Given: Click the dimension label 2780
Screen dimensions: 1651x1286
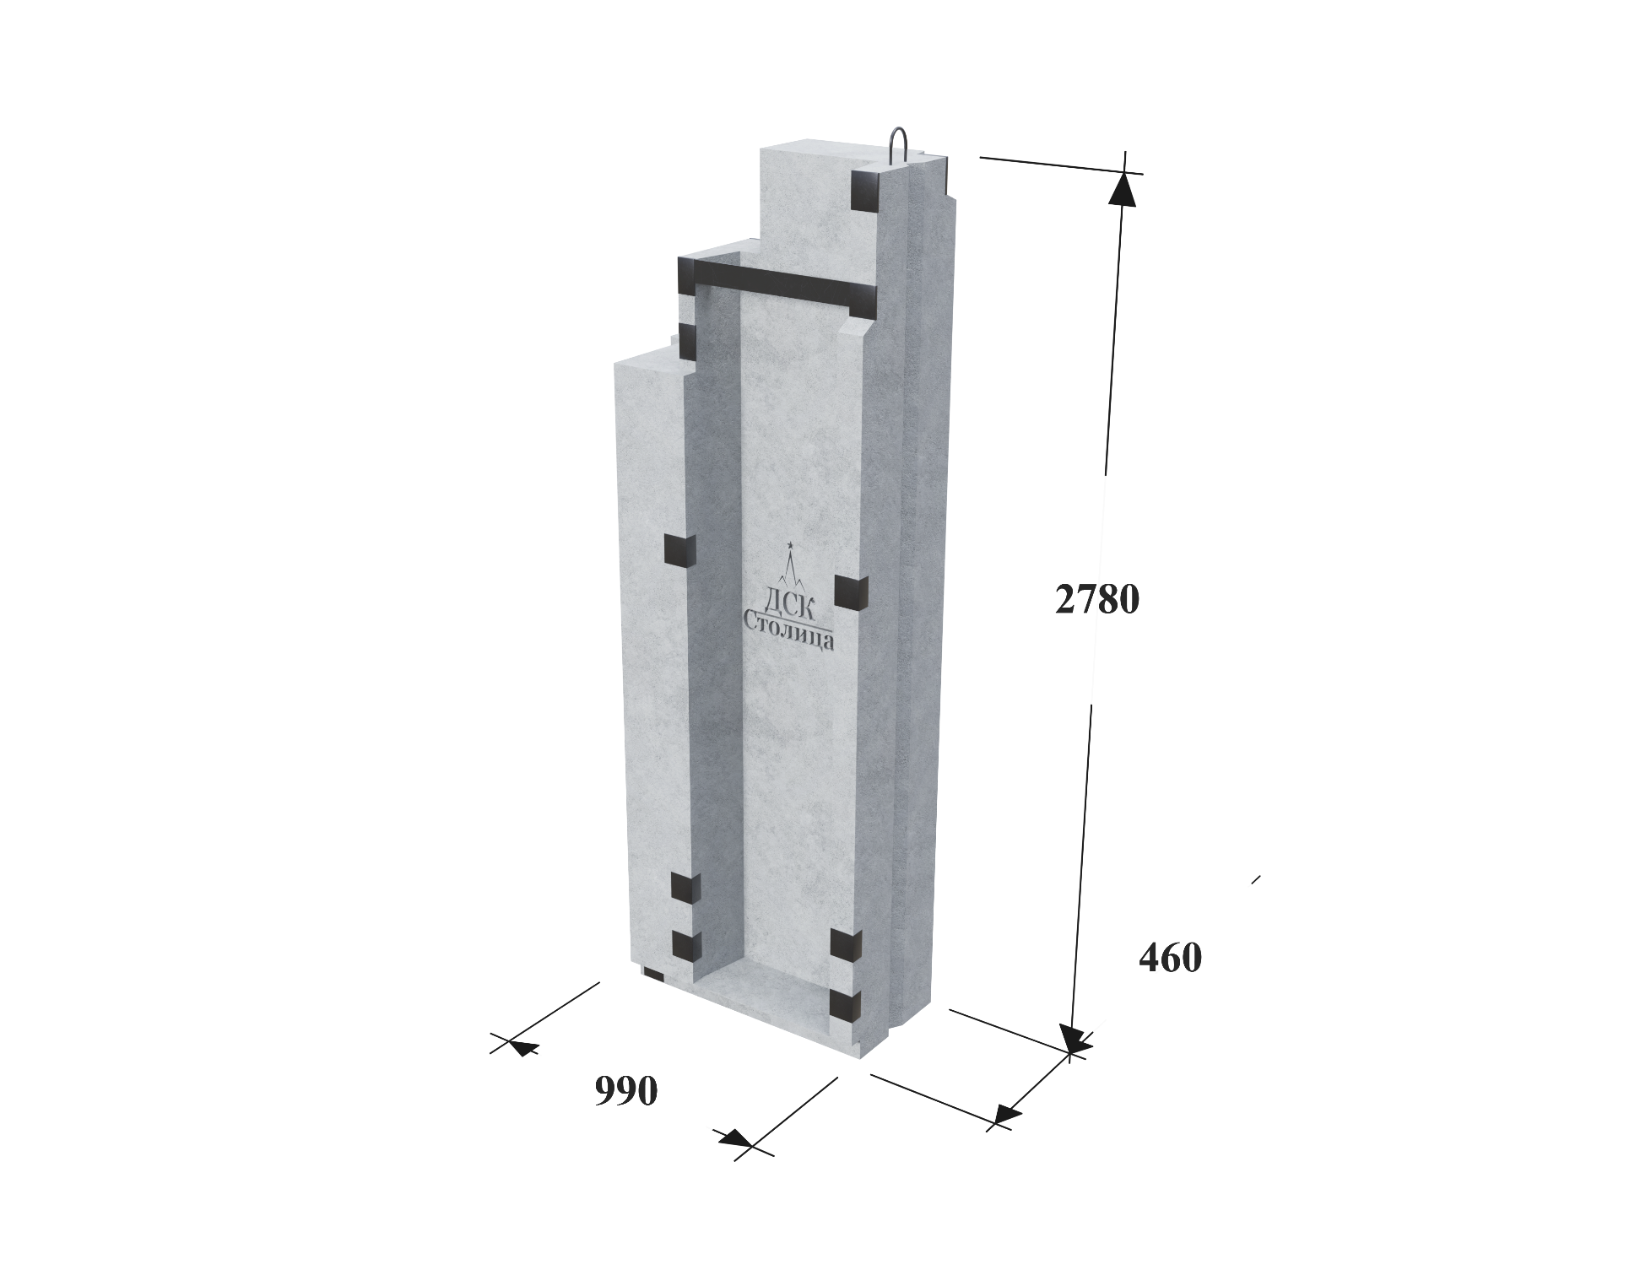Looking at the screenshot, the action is tap(1097, 599).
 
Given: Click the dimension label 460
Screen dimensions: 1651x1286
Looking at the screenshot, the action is tap(1170, 958).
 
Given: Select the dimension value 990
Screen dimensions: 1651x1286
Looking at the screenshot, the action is tap(625, 1091).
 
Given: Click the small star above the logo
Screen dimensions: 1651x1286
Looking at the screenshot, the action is tap(790, 545).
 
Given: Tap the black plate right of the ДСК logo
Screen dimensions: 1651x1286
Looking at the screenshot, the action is tap(852, 591).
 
